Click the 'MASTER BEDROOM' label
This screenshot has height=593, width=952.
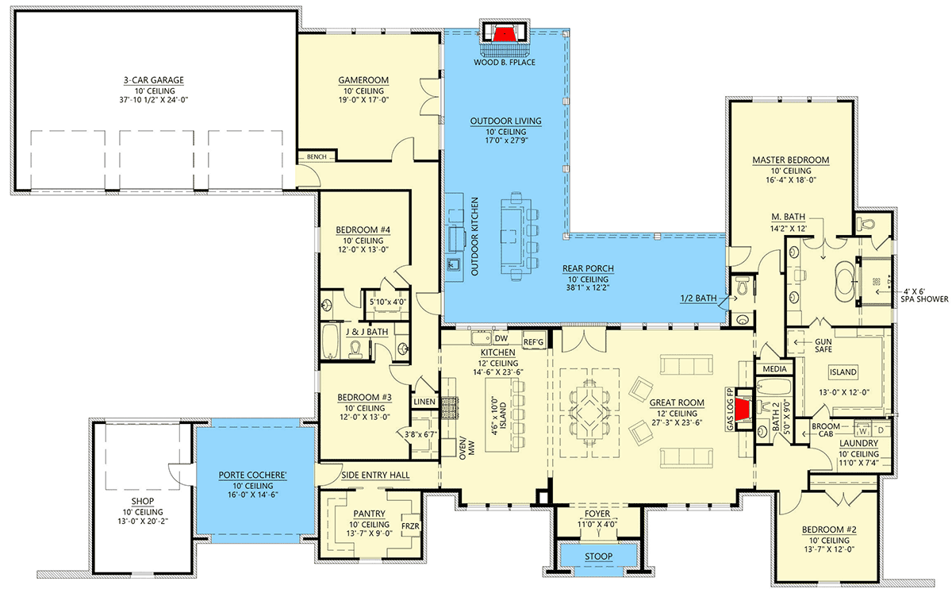click(790, 160)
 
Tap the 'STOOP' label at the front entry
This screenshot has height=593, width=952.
click(599, 556)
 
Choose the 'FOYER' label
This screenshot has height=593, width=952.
click(599, 514)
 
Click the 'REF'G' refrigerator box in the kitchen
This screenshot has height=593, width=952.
click(533, 342)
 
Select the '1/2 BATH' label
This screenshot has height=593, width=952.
click(699, 298)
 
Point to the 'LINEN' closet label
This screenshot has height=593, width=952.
click(424, 402)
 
